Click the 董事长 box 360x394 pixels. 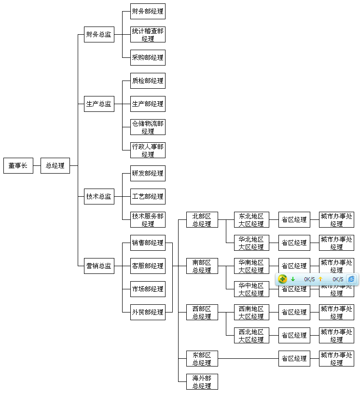tap(18, 165)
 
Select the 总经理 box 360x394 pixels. tap(55, 165)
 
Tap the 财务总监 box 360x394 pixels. tap(99, 34)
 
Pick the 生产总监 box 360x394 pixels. tap(99, 104)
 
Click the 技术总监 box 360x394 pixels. tap(99, 196)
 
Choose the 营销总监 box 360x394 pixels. tap(99, 266)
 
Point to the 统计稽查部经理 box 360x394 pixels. tap(148, 35)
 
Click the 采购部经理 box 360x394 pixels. tap(148, 57)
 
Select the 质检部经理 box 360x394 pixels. tap(148, 81)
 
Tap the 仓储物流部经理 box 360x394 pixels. tap(148, 127)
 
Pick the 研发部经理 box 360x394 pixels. tap(148, 173)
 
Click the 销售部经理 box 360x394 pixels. tap(148, 243)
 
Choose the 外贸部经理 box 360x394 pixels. tap(148, 312)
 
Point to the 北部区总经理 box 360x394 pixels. tap(202, 220)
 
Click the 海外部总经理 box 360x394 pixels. tap(202, 381)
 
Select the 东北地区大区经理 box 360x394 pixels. tap(251, 220)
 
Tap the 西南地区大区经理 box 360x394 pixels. tap(251, 312)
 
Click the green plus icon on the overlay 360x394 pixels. tap(283, 279)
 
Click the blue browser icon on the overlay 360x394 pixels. tap(351, 279)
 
